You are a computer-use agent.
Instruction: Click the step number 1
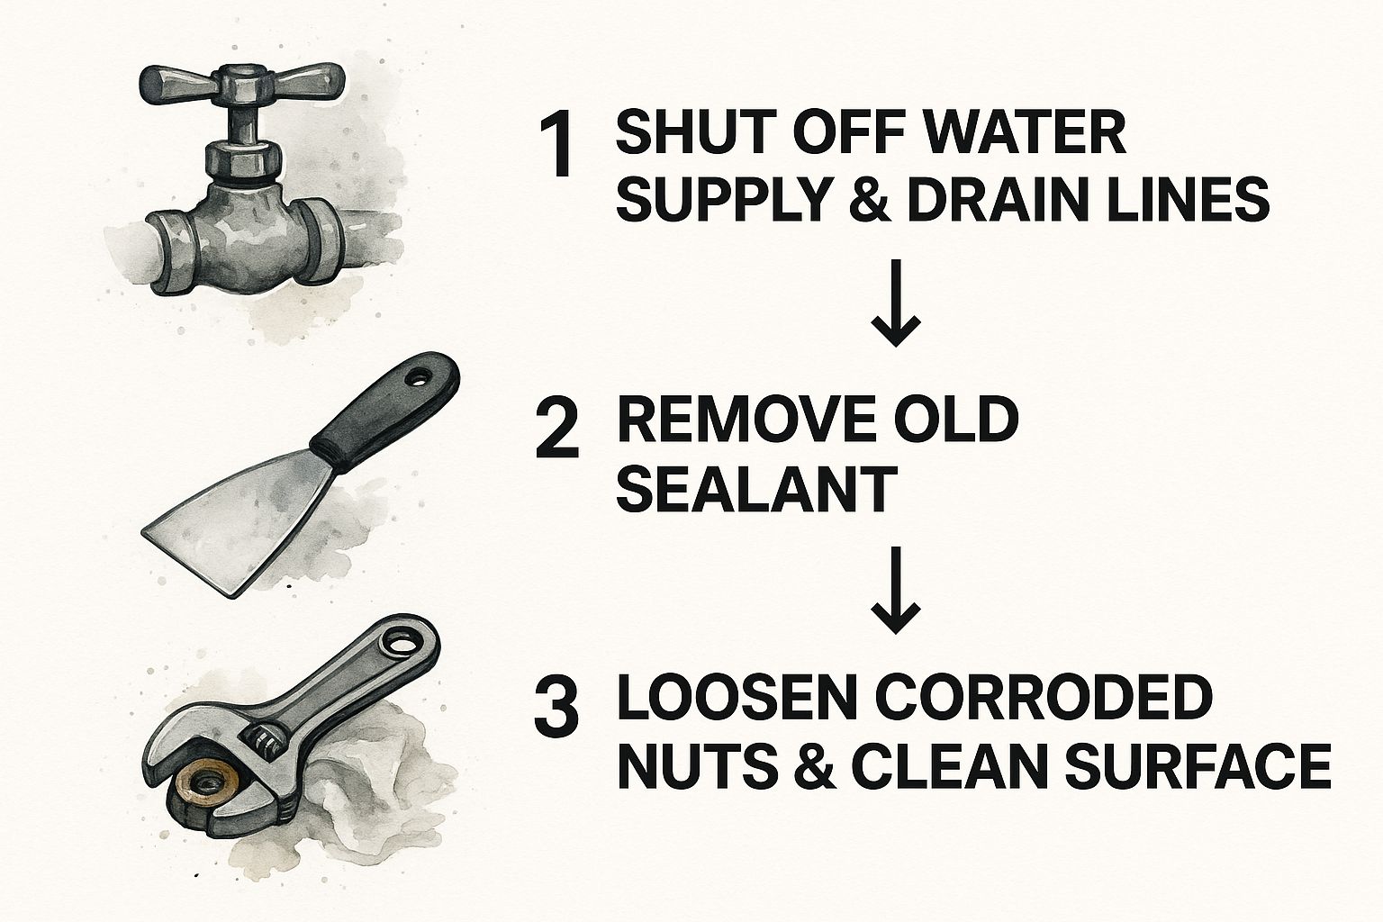(556, 146)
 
